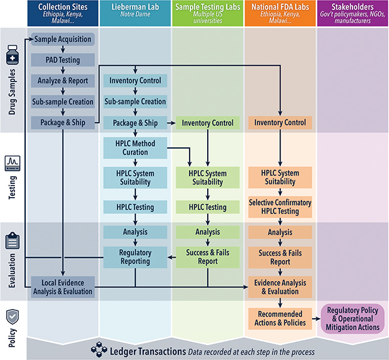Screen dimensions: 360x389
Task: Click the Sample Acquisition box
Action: coord(63,40)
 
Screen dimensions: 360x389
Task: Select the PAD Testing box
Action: coord(63,60)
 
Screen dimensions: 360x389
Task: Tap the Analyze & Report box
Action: coord(63,81)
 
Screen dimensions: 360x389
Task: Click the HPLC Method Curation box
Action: coord(135,148)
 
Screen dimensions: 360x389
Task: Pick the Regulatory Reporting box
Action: coord(135,257)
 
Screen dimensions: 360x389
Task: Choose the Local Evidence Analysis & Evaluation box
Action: coord(63,287)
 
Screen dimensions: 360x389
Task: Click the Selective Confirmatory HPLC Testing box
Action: coord(280,207)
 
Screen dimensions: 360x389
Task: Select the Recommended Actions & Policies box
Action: coord(280,318)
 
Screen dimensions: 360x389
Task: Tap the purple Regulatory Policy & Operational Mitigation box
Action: coord(352,318)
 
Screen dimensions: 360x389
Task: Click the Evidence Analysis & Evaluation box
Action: coord(280,287)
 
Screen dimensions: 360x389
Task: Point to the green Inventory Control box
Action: coord(208,123)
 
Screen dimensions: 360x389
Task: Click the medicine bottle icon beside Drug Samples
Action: coord(13,59)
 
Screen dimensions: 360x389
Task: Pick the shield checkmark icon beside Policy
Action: coord(13,316)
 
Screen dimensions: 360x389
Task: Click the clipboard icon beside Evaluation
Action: coord(13,241)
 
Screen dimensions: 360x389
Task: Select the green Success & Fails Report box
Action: coord(208,257)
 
